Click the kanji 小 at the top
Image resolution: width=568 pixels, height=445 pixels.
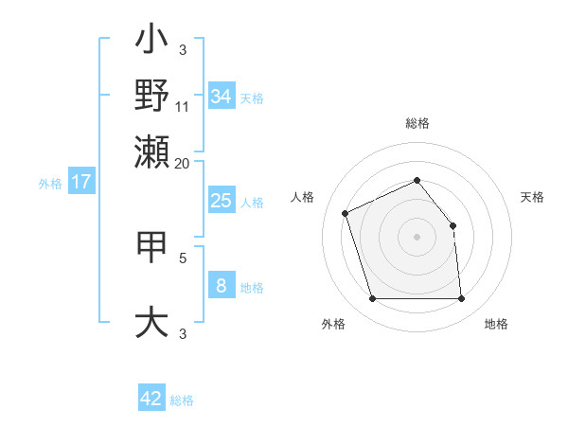point(151,44)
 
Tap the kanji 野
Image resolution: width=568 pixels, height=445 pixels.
point(151,96)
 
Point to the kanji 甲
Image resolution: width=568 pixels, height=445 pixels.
point(151,249)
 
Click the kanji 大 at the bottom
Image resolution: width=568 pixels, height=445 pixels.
point(151,321)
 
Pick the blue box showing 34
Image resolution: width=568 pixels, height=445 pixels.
point(222,97)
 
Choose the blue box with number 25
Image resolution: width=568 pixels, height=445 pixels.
point(222,201)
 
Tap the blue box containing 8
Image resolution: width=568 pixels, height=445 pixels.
point(222,286)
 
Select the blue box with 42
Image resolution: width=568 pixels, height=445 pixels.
point(151,399)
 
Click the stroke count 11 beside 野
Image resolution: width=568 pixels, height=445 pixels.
point(183,106)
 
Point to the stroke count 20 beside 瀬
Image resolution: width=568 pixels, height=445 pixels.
point(183,162)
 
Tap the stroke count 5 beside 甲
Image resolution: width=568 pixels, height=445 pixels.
point(183,257)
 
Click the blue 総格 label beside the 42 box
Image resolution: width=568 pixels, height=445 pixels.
point(182,400)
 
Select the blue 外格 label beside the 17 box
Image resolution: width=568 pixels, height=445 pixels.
point(50,184)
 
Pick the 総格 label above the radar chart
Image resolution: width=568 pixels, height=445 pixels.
point(417,123)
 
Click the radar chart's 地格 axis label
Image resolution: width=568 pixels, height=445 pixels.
point(496,324)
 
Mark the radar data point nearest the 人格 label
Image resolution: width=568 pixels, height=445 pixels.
point(346,212)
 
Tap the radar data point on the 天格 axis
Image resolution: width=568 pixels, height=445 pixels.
point(453,225)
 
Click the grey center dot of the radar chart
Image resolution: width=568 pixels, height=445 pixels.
point(417,237)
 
